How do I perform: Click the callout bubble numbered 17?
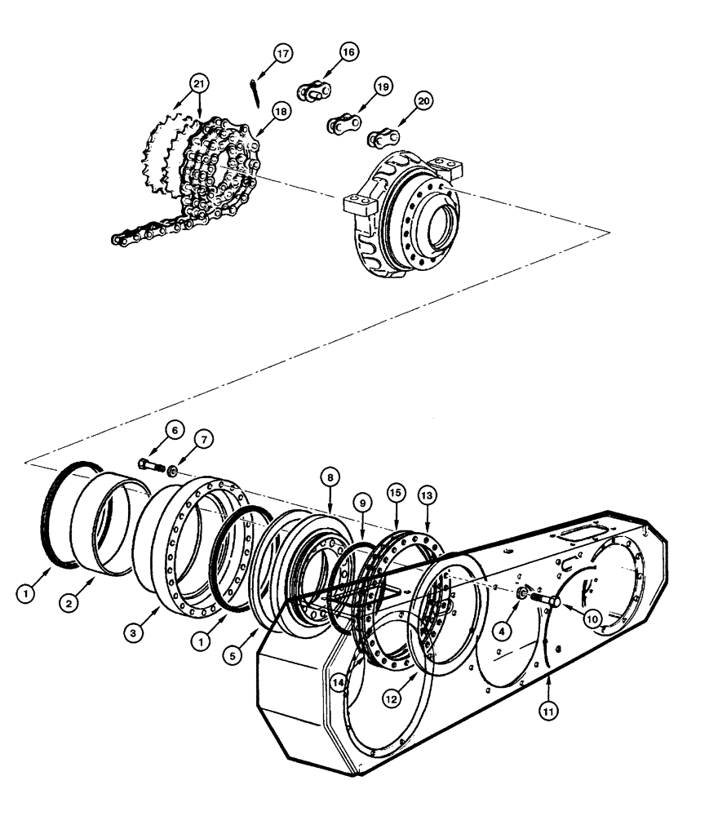[x=282, y=54]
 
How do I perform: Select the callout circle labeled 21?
[x=197, y=82]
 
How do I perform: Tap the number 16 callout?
[x=348, y=51]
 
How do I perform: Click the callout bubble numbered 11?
[x=547, y=710]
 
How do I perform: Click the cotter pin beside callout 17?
[x=255, y=90]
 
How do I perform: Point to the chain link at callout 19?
[x=340, y=126]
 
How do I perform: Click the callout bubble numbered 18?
[x=281, y=111]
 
